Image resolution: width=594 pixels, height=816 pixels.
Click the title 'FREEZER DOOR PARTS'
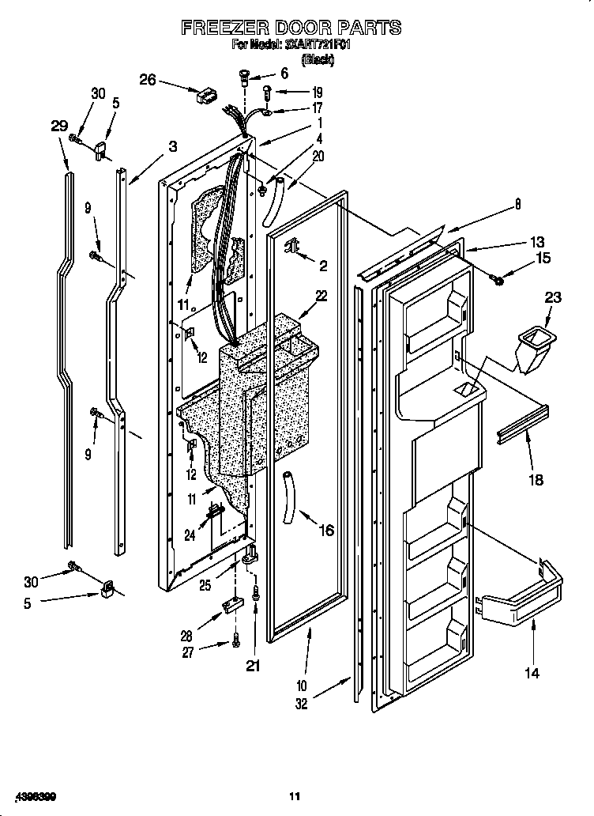pos(291,28)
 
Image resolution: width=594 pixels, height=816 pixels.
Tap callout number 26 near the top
pos(148,79)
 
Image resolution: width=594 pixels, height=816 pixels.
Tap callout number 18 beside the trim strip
pos(536,480)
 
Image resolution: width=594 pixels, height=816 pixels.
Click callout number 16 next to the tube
pos(326,531)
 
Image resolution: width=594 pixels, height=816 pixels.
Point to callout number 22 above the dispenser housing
pos(321,296)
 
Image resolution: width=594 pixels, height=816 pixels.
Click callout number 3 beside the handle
pos(172,146)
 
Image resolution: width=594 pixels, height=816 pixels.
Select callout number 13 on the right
pos(537,242)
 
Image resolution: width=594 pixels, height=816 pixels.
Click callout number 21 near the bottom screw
pos(254,665)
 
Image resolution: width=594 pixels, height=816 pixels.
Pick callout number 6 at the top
pos(284,73)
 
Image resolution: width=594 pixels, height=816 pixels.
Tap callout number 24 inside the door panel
pos(190,535)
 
